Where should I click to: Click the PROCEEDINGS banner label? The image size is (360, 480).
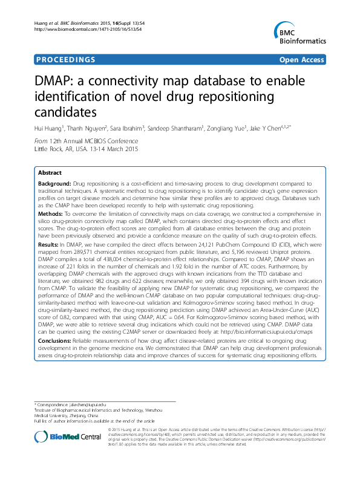click(57, 60)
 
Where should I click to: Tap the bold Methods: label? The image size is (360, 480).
click(51, 214)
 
